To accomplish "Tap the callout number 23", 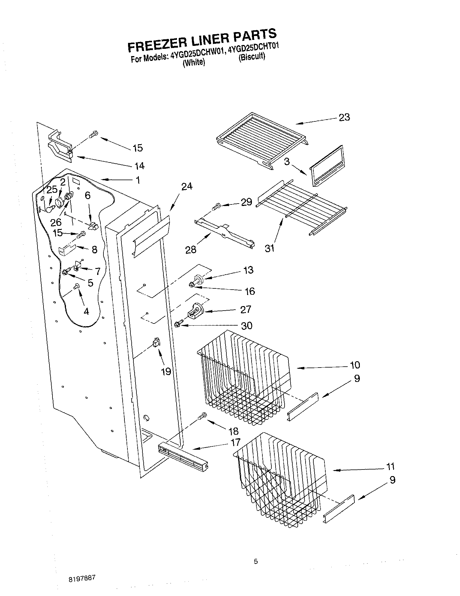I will pyautogui.click(x=344, y=117).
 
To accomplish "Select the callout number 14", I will pyautogui.click(x=140, y=165).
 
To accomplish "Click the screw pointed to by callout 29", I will pyautogui.click(x=216, y=207).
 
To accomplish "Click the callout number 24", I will pyautogui.click(x=187, y=186).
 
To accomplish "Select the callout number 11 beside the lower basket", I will pyautogui.click(x=390, y=466).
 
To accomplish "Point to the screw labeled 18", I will pyautogui.click(x=203, y=416).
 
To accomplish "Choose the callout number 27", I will pyautogui.click(x=245, y=309).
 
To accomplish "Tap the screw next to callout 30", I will pyautogui.click(x=178, y=324).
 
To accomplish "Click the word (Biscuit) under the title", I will pyautogui.click(x=252, y=57).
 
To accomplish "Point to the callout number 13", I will pyautogui.click(x=249, y=270).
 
